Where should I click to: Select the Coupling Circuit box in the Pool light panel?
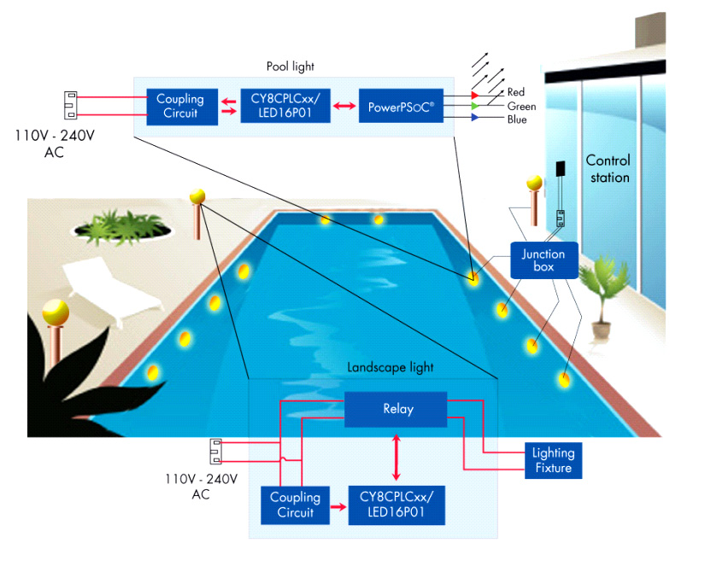click(179, 106)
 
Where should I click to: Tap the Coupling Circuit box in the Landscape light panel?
click(295, 505)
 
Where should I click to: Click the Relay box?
click(396, 409)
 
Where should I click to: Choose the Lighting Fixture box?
click(552, 460)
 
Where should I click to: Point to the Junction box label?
click(543, 260)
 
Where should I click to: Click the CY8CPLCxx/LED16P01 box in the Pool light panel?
click(282, 106)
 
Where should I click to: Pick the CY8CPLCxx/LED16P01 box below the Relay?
click(396, 505)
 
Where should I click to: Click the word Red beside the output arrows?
click(516, 92)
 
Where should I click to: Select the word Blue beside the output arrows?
click(517, 120)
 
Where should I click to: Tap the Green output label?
click(521, 106)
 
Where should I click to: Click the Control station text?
click(608, 169)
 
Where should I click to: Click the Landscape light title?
click(390, 367)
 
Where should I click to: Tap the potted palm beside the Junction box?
click(600, 295)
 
